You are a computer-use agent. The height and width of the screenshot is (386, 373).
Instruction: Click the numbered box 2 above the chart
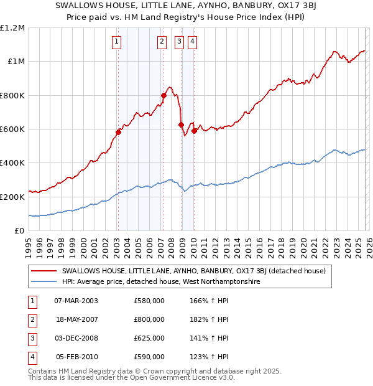[162, 42]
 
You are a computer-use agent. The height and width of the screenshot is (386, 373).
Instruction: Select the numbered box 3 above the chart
[179, 42]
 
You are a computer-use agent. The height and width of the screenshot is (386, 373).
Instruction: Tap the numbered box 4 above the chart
[193, 42]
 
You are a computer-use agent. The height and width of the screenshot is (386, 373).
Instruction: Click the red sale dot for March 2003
[118, 133]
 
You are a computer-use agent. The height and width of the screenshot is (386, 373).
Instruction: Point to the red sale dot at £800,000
[164, 95]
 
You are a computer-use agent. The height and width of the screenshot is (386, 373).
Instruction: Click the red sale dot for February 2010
[194, 131]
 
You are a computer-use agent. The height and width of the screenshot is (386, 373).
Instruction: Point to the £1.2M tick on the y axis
[12, 28]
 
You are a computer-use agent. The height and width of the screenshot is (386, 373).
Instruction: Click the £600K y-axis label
[12, 129]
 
